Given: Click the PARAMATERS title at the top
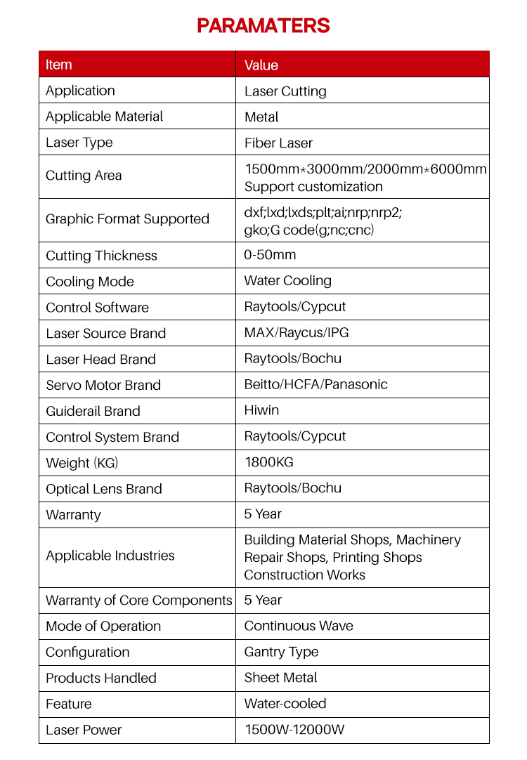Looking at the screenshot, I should (263, 26).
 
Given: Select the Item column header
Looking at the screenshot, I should (59, 65).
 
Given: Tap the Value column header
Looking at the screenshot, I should (261, 65).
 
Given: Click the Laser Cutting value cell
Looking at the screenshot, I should (285, 91).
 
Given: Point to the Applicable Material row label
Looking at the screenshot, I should (104, 117).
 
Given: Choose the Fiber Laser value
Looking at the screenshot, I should (278, 143).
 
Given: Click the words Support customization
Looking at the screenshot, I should (313, 187).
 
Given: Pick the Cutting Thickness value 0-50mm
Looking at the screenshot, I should (270, 255).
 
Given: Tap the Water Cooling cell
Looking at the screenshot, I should (287, 281).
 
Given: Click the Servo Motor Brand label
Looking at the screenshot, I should (103, 385).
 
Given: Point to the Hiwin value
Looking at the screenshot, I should (261, 410).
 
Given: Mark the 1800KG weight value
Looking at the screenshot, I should (268, 462).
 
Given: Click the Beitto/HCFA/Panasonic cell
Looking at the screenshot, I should (315, 384).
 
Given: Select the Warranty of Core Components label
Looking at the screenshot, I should (138, 601).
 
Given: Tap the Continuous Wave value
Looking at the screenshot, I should (299, 626).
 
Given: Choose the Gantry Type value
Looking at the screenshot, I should (281, 652).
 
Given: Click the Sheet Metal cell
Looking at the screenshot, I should (280, 678).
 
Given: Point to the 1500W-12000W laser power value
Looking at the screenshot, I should (294, 730).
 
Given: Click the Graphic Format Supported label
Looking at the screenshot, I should (127, 219).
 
